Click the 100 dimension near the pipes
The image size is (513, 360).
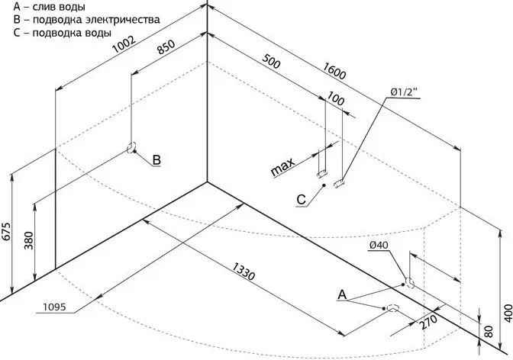click(x=334, y=99)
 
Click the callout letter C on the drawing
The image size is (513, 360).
click(x=301, y=200)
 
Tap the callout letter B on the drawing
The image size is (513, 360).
click(x=156, y=160)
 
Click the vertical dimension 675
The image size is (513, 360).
click(x=8, y=231)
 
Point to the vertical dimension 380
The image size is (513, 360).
click(x=29, y=243)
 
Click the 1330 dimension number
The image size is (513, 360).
click(x=246, y=268)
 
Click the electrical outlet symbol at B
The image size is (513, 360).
click(x=131, y=147)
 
